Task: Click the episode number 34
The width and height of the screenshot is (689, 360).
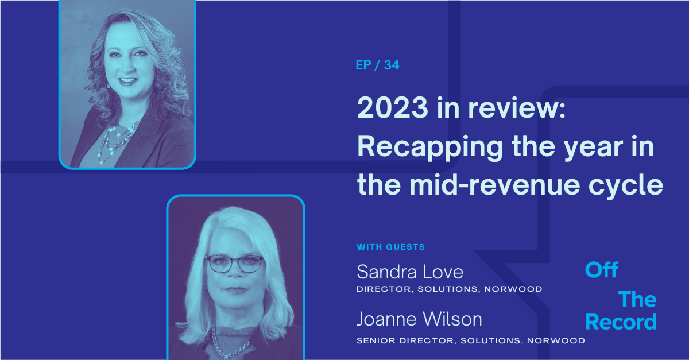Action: coord(392,65)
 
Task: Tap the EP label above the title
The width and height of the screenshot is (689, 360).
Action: coord(363,65)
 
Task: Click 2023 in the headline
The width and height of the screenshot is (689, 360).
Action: coord(393,107)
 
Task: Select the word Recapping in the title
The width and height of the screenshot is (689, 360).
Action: coord(430,148)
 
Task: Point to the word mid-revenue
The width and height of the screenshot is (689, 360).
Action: coord(494,185)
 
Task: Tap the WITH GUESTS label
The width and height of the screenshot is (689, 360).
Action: coord(390,247)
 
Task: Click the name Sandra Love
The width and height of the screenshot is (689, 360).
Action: coord(410,272)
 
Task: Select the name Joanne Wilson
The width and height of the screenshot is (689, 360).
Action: coord(419,319)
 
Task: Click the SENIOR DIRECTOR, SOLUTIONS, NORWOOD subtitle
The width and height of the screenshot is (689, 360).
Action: coord(471,340)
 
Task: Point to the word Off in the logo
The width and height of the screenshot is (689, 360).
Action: coord(601,270)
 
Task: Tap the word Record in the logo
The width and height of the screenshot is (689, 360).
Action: coord(621,322)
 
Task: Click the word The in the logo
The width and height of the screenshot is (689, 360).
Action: coord(637,299)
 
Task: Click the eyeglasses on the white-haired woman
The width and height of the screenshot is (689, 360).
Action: coord(234,264)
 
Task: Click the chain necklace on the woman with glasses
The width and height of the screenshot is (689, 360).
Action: coord(229,344)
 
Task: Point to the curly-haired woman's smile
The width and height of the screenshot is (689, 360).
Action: coord(128,81)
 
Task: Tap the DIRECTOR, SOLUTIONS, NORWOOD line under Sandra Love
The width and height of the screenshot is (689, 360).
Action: coord(450,289)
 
